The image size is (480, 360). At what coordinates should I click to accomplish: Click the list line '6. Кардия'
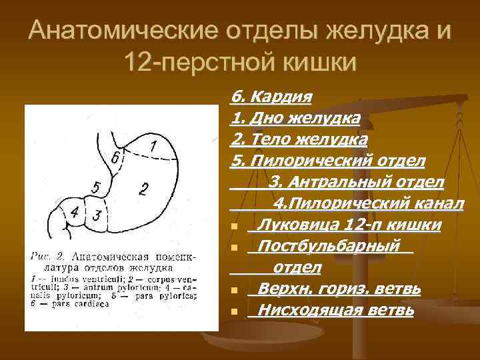point(271,98)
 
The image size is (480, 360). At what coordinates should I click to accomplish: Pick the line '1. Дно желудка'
point(295,119)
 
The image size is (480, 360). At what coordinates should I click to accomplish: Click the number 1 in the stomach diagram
point(153,145)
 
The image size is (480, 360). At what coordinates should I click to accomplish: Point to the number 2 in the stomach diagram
point(143,189)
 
